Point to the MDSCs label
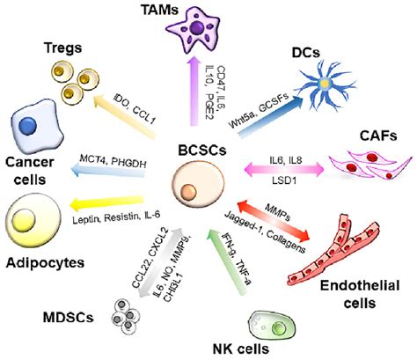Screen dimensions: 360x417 point(55,316)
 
